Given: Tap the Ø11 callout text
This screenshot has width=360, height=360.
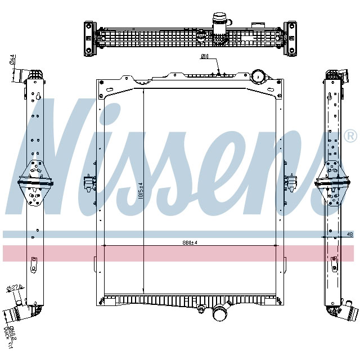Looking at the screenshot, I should point(205,57).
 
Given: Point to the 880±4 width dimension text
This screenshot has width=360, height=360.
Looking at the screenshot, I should point(190,242).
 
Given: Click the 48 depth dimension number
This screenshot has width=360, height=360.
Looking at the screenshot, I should point(349,234).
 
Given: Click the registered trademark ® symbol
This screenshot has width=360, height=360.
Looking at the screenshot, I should point(350,136).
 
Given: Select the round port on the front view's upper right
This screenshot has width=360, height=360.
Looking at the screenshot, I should point(258,75).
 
